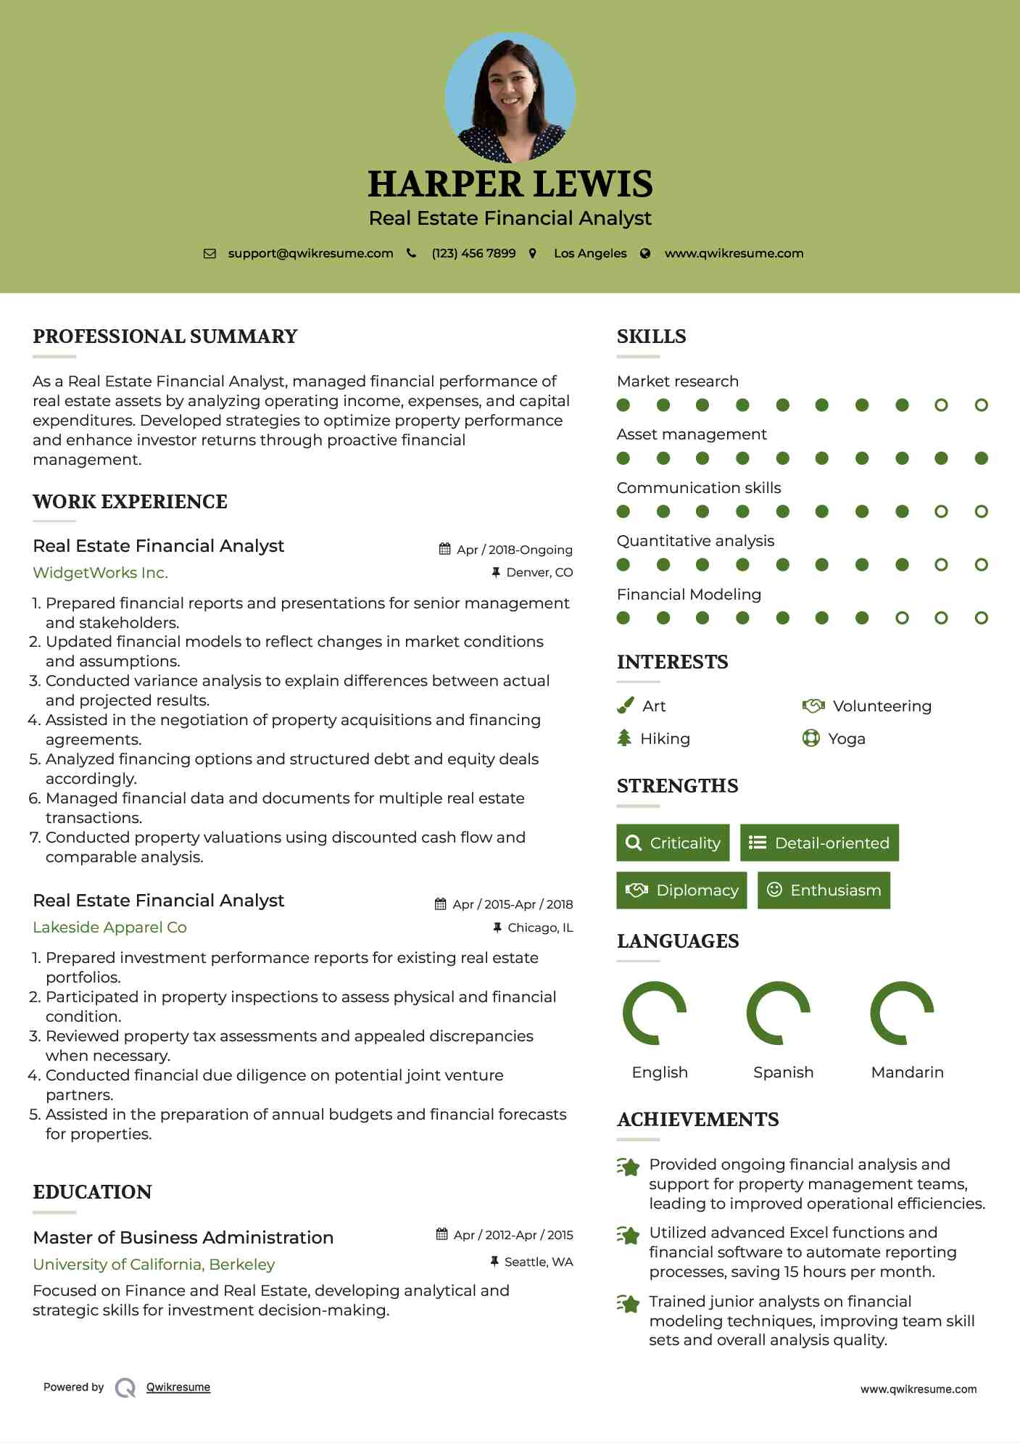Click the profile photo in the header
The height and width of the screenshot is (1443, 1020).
coord(510,97)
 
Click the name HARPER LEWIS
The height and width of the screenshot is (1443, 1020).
coord(510,184)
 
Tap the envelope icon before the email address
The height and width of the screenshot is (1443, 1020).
coord(210,254)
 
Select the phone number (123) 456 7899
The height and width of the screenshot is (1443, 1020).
coord(473,254)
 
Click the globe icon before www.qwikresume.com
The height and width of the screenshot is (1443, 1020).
coord(645,254)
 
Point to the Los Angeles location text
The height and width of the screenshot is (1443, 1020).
coord(589,254)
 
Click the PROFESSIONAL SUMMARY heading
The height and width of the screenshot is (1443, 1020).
coord(165,336)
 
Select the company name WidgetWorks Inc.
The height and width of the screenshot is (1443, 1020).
coord(100,573)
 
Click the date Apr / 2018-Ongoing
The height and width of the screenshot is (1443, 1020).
coord(514,550)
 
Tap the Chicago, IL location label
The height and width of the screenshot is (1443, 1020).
coord(539,927)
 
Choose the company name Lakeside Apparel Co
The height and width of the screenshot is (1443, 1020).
coord(109,927)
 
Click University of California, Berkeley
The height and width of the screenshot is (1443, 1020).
coord(154,1265)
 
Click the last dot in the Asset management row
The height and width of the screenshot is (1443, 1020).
coord(981,458)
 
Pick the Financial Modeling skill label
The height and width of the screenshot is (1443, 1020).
coord(689,595)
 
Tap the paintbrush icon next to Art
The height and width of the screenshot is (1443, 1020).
coord(625,706)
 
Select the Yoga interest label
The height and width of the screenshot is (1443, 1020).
coord(846,739)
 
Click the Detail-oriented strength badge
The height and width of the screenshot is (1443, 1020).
coord(819,843)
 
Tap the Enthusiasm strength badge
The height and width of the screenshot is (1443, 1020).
coord(824,890)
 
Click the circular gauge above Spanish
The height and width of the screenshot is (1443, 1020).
coord(778,1013)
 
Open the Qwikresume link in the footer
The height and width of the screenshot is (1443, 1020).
coord(178,1387)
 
